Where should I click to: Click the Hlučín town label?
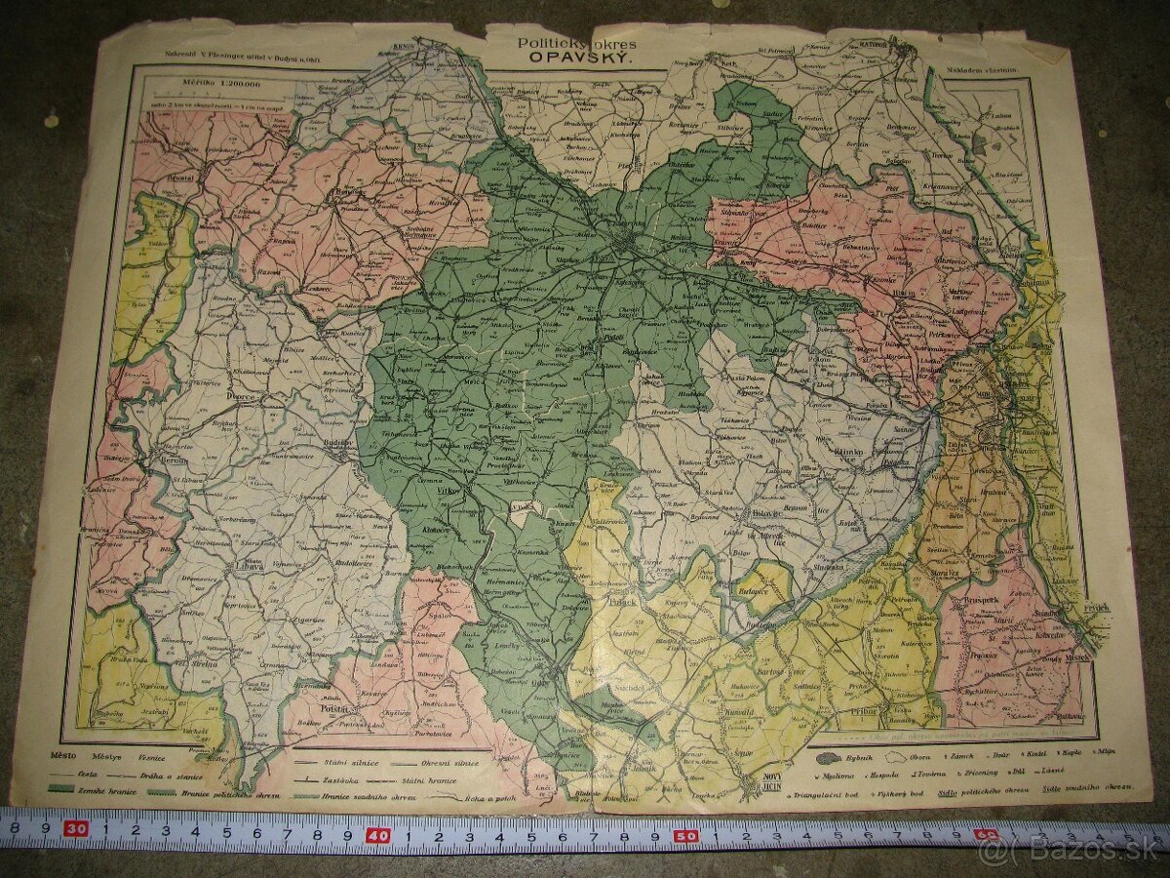[x=904, y=293]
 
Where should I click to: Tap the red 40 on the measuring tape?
[x=377, y=836]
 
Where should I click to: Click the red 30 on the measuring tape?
[x=77, y=830]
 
